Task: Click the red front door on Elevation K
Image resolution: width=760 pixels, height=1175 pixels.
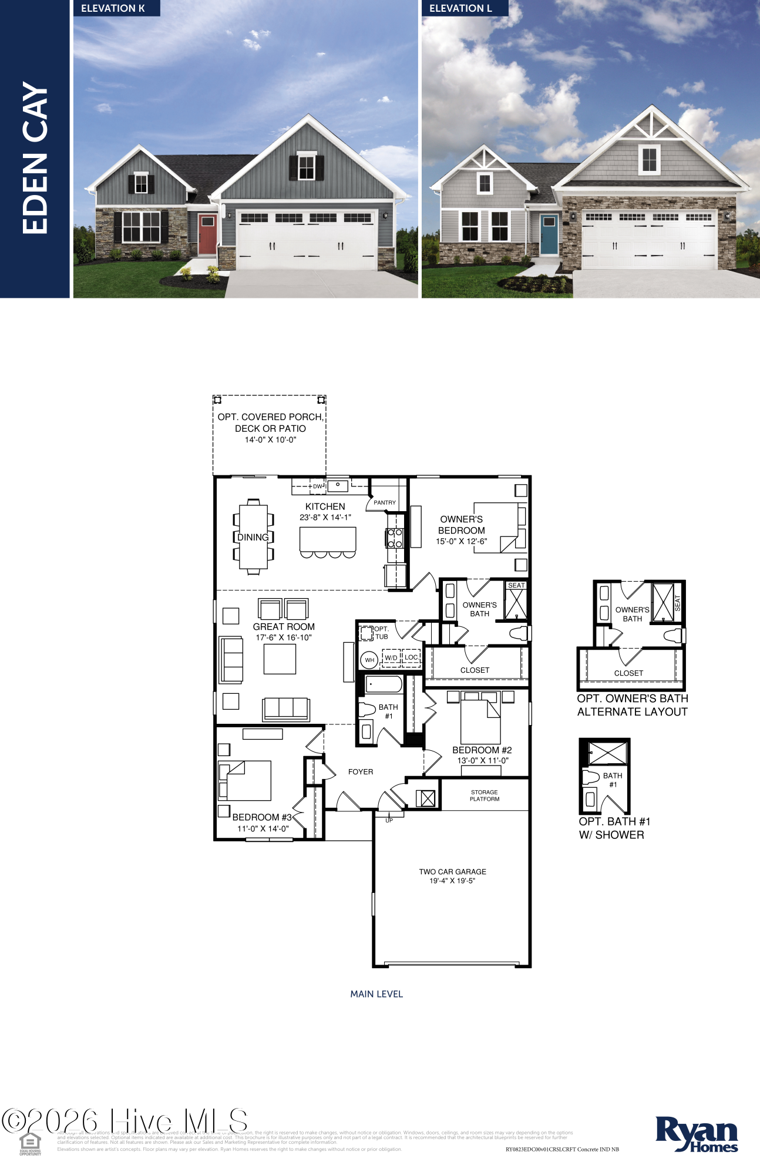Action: (207, 234)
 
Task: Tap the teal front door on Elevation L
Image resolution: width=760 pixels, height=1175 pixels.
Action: (549, 234)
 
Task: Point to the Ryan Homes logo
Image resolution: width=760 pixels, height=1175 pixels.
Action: (697, 1134)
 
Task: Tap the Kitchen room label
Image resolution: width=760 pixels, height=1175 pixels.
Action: (325, 506)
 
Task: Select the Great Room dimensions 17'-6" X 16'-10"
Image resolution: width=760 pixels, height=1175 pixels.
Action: (284, 637)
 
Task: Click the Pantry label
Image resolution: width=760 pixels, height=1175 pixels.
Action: (385, 502)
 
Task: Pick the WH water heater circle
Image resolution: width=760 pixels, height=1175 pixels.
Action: (369, 660)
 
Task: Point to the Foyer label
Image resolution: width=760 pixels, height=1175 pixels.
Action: (361, 772)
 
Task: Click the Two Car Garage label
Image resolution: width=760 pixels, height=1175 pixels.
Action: (452, 872)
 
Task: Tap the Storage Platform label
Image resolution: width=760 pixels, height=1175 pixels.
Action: (485, 795)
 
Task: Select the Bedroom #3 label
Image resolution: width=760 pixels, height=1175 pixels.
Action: (262, 817)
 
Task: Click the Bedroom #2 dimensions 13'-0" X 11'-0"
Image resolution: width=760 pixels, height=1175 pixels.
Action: (483, 760)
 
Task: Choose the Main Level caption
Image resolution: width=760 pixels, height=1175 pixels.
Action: (376, 994)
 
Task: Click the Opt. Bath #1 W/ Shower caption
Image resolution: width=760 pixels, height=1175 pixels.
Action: (614, 828)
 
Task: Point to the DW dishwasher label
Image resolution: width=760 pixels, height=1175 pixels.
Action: (318, 486)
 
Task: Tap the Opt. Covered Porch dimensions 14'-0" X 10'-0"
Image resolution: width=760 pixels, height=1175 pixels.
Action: (270, 439)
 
